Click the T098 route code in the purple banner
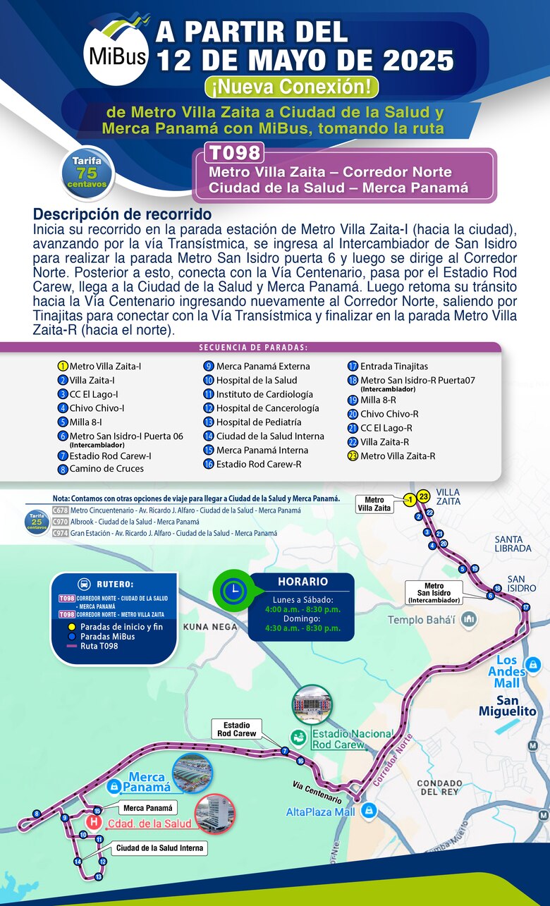(233, 152)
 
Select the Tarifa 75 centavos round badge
(87, 172)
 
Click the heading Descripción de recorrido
(122, 214)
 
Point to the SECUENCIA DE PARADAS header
(253, 347)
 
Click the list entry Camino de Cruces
(106, 468)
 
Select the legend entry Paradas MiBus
(107, 636)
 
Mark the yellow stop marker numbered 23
(423, 497)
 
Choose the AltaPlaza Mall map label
(320, 812)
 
